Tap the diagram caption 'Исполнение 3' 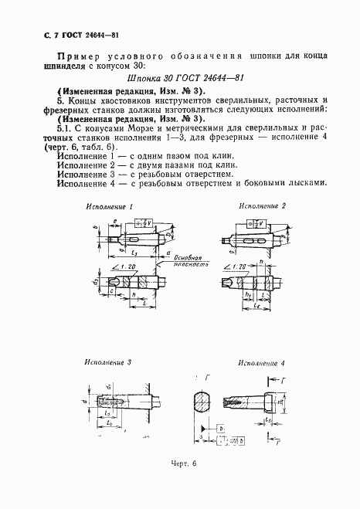click(x=108, y=361)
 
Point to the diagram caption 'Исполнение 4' click(x=261, y=362)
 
